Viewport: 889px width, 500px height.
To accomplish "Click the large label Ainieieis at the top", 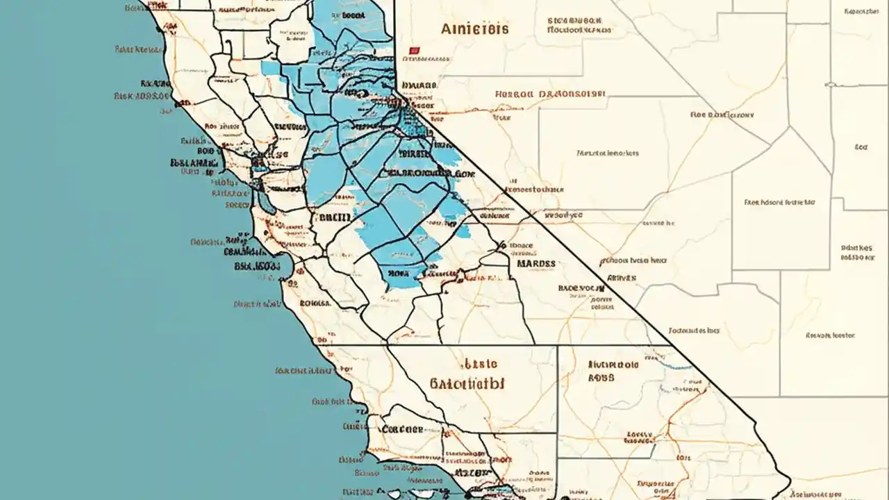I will (x=474, y=29).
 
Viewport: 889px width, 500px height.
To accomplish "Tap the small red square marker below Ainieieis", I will (x=415, y=51).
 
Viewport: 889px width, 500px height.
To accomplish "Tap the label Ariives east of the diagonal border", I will (x=622, y=277).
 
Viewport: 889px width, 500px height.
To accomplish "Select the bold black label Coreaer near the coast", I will (x=402, y=429).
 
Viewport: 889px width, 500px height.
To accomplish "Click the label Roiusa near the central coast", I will (x=315, y=303).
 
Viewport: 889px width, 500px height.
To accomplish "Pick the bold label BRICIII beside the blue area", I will (x=336, y=217).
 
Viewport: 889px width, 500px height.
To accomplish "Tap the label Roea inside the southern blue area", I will (x=400, y=273).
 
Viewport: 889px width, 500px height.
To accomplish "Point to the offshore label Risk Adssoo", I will (x=141, y=97).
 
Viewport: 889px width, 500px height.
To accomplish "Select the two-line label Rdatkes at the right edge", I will (x=857, y=251).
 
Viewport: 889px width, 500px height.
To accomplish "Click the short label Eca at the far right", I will (x=861, y=147).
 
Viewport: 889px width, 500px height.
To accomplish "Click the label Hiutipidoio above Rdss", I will (x=613, y=363).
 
